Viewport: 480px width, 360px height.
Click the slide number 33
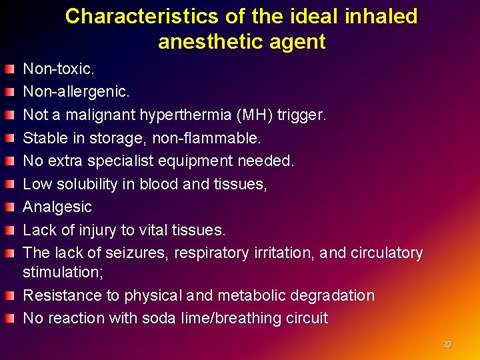point(447,345)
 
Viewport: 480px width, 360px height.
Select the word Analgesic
point(57,207)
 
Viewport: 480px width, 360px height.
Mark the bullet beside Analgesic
point(9,207)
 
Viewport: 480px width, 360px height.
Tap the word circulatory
point(384,253)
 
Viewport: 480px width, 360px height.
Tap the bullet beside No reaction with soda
point(9,318)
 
